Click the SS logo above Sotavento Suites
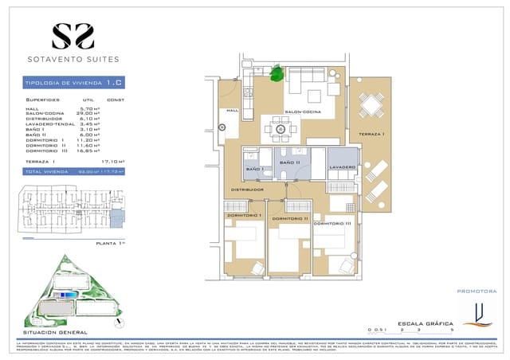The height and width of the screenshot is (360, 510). [73, 36]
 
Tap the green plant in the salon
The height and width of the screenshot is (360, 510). [277, 74]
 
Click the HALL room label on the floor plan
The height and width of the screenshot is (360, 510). [233, 111]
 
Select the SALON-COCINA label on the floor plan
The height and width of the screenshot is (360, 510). [302, 112]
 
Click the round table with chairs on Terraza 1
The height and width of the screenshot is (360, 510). [370, 104]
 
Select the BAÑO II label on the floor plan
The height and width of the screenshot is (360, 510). [288, 163]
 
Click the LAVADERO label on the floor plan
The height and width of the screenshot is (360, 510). [342, 167]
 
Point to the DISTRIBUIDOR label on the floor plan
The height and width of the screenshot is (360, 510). [247, 190]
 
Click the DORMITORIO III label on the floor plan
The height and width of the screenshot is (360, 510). [332, 223]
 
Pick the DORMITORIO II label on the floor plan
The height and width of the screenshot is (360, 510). [289, 218]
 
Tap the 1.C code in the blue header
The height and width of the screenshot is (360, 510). [114, 83]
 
